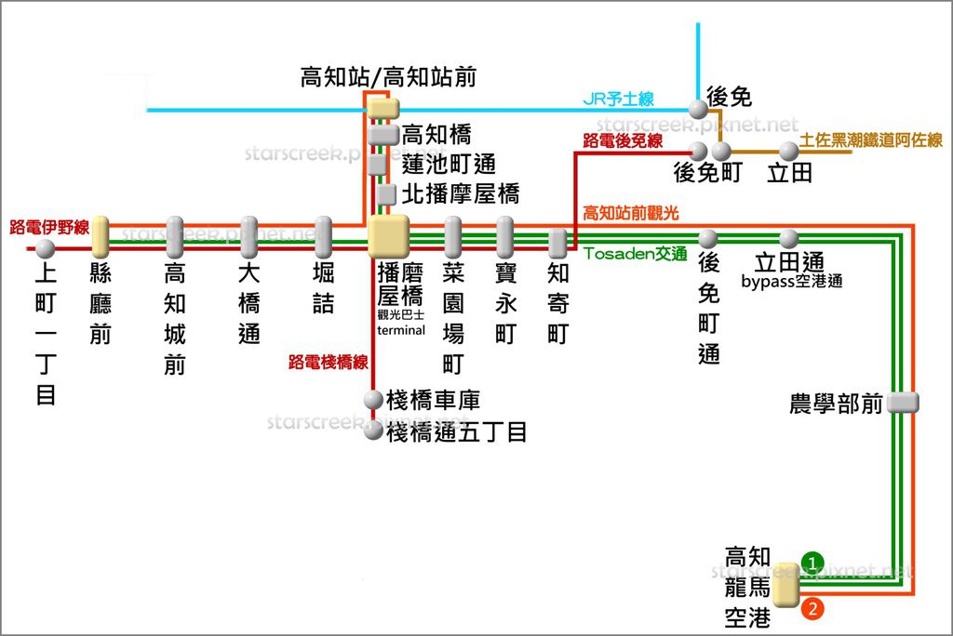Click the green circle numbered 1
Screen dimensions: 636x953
812,563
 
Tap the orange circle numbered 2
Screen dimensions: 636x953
812,610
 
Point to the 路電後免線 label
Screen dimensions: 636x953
623,140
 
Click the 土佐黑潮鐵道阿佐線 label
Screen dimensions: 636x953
871,140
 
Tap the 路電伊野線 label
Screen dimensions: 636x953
49,227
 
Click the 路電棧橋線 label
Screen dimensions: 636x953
329,362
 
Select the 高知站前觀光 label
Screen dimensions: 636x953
630,214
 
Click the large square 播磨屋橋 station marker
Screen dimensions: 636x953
389,236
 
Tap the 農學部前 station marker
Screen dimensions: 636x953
903,403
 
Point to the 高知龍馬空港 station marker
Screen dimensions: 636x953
786,586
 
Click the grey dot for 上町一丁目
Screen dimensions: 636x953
45,248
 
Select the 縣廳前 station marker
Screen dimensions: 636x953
101,238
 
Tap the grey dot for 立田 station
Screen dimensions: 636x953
789,151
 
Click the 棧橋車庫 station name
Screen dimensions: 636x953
434,401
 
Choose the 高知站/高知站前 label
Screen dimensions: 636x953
388,77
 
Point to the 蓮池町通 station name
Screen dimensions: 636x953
449,165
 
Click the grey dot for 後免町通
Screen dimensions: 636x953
707,239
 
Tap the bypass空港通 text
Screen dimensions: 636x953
792,281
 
